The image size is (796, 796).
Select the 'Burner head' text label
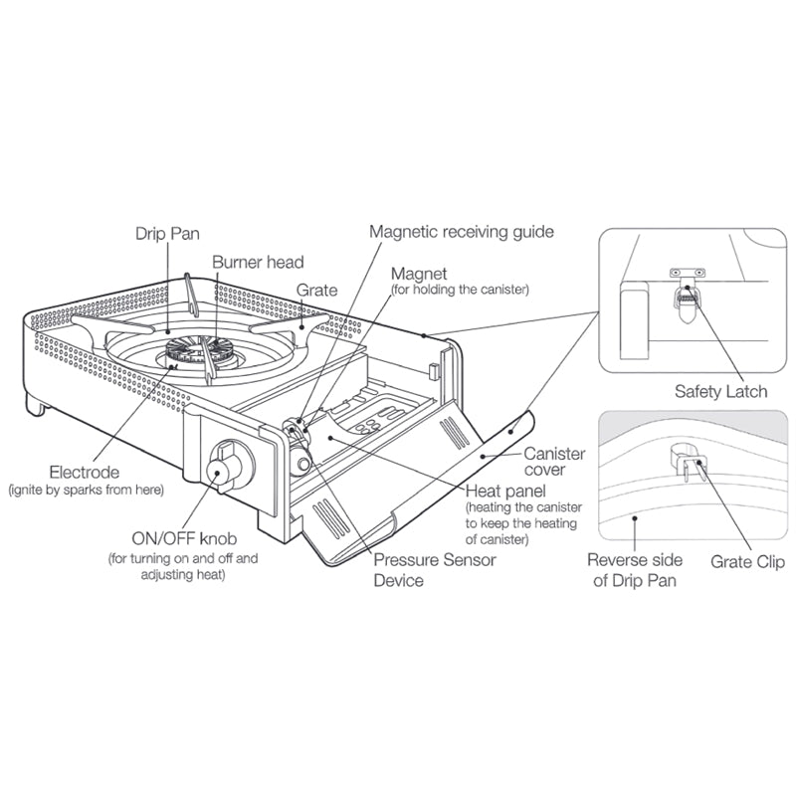pos(257,263)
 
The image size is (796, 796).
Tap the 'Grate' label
pos(316,291)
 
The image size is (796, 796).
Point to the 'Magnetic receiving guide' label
pos(462,232)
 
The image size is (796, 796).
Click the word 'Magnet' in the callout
pos(420,273)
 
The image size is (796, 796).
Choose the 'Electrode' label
pos(84,473)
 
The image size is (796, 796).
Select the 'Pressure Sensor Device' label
pos(434,569)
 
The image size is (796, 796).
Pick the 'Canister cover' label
pos(554,462)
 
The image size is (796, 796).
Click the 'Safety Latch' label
pos(720,391)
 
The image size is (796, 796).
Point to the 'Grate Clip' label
pos(745,562)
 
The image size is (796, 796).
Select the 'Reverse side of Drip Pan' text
pos(635,569)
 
